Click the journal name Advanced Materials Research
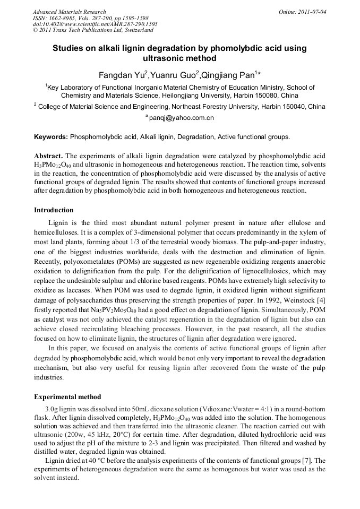click(x=69, y=12)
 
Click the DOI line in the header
click(x=95, y=24)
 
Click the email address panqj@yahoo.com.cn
click(x=181, y=118)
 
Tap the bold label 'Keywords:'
click(x=51, y=137)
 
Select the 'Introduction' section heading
click(x=54, y=210)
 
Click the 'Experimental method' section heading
click(x=67, y=397)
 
